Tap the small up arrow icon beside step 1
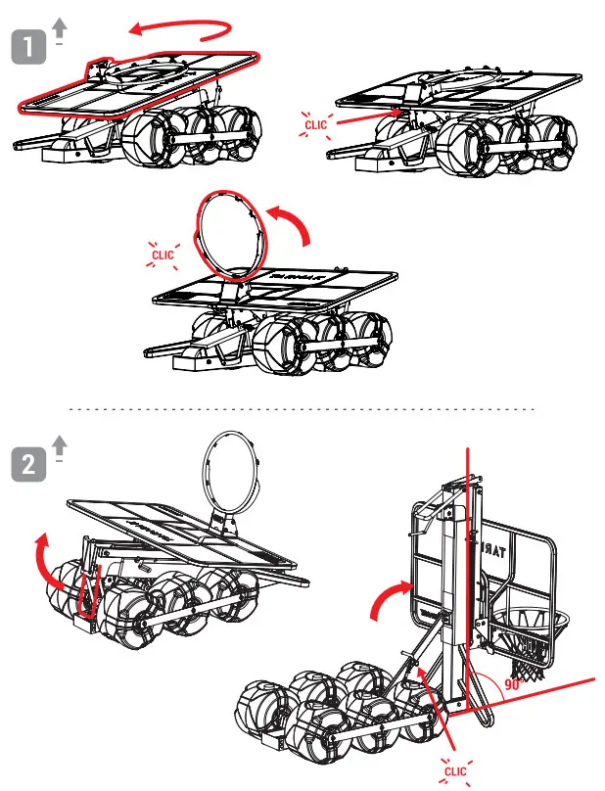click(60, 30)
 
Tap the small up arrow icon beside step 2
click(60, 444)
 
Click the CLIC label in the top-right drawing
click(316, 125)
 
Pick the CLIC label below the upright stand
click(456, 770)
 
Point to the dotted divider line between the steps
click(302, 408)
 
